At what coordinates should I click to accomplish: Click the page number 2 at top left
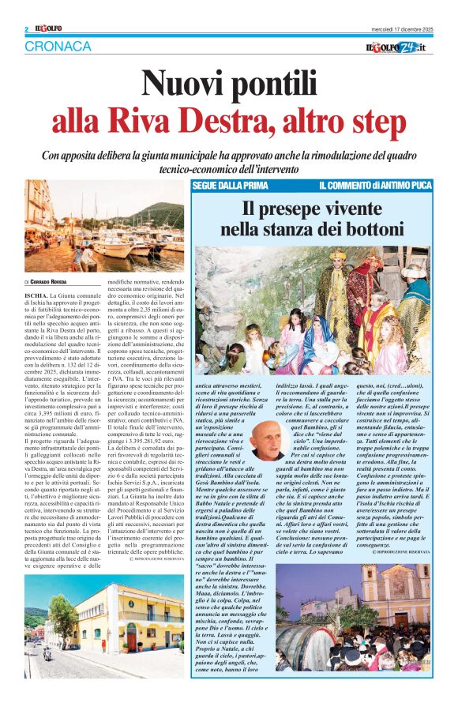click(28, 29)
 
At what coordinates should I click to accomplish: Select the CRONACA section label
click(58, 47)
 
